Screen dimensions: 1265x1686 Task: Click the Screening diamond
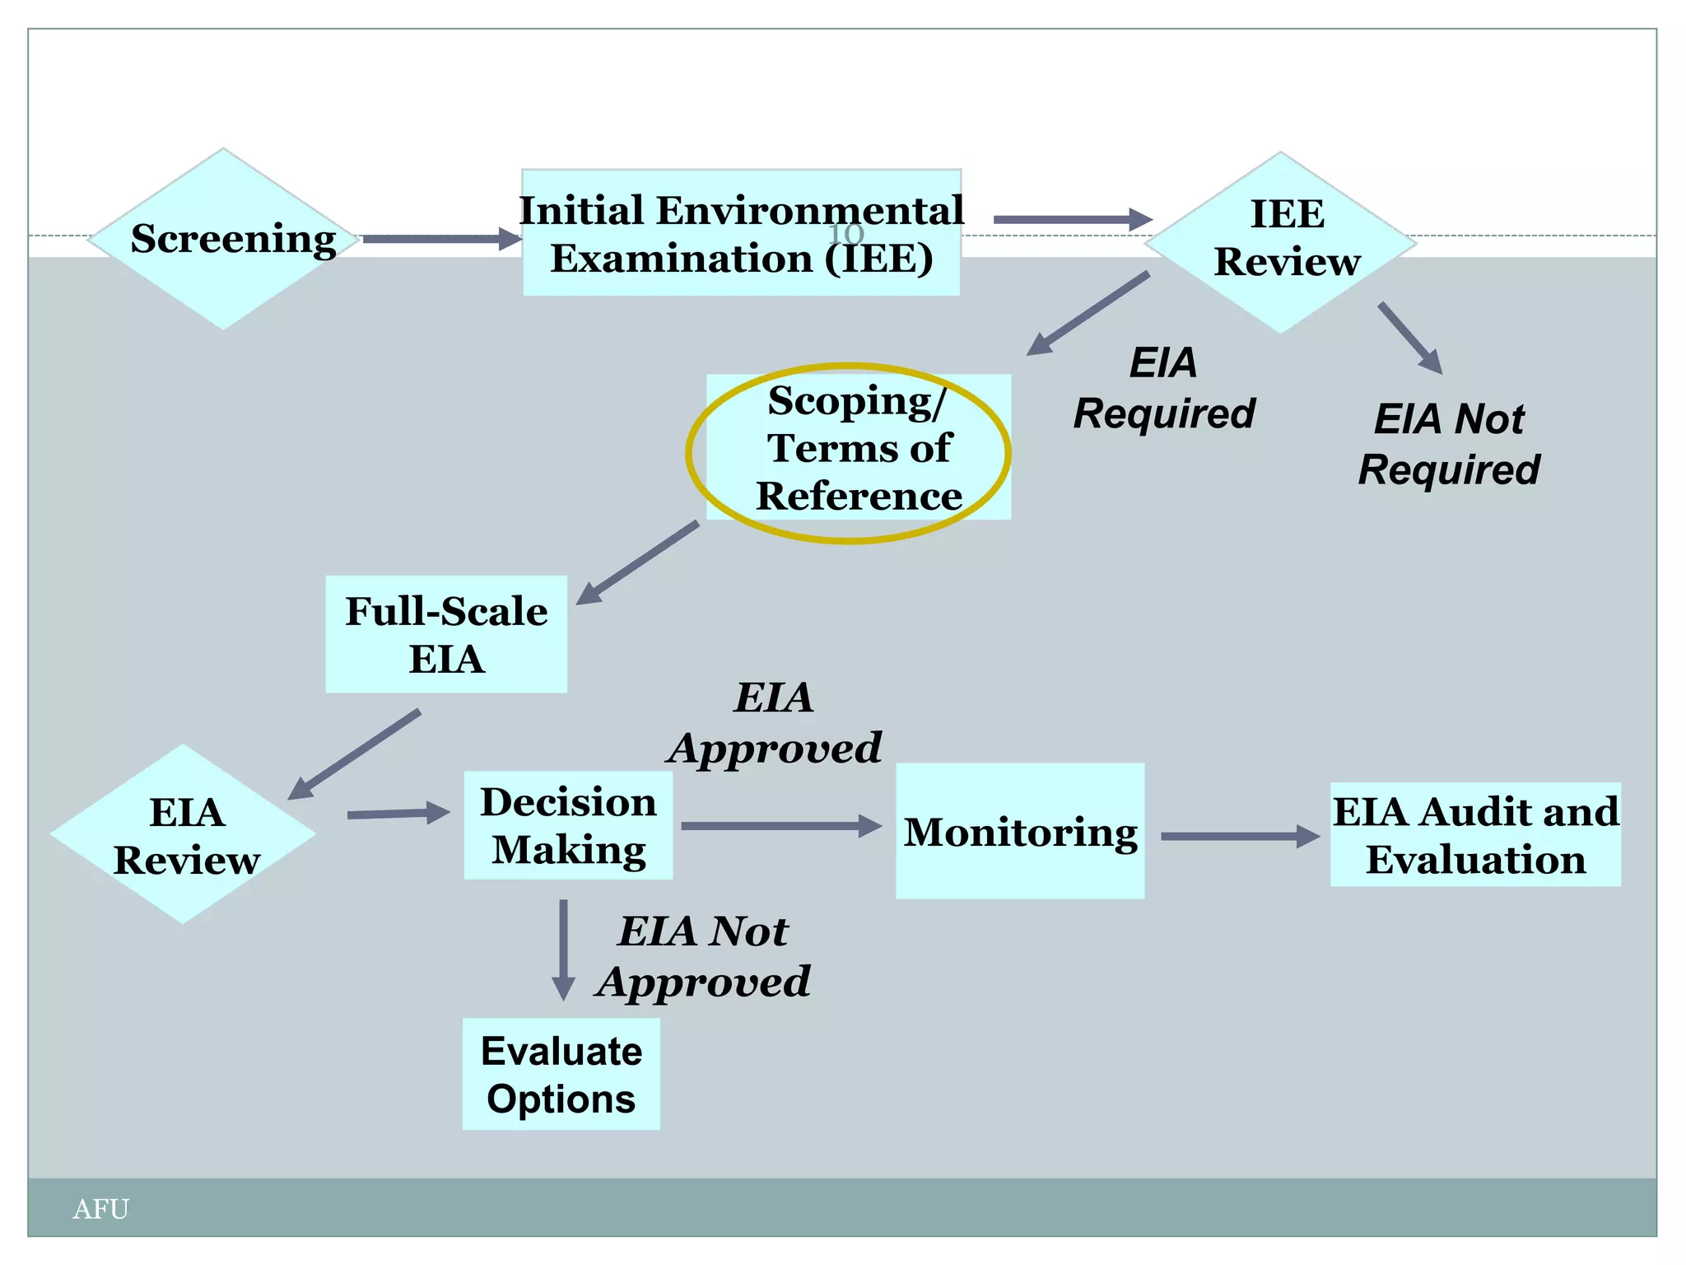(224, 239)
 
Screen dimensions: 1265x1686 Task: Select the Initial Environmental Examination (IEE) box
(741, 233)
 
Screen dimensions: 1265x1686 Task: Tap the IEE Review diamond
(1281, 242)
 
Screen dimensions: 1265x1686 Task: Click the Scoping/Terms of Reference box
(858, 448)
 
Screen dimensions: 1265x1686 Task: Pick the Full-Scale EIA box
(446, 634)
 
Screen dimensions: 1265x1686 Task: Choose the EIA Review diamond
(184, 834)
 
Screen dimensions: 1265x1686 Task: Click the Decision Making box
(568, 825)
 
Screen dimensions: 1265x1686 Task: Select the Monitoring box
(1019, 831)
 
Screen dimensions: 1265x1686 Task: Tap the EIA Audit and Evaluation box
(1475, 834)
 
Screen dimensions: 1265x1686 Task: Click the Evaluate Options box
(561, 1074)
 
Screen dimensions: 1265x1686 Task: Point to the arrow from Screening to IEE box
(441, 240)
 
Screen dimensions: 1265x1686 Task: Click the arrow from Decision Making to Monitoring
(780, 826)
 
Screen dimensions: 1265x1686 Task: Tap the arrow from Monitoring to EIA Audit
(1239, 836)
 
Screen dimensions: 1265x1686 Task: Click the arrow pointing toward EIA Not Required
(1410, 338)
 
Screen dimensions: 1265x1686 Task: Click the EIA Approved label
(774, 723)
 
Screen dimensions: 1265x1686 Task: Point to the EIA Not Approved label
(704, 956)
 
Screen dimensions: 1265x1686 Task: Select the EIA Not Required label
(1449, 444)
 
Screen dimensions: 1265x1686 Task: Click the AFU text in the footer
(100, 1209)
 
